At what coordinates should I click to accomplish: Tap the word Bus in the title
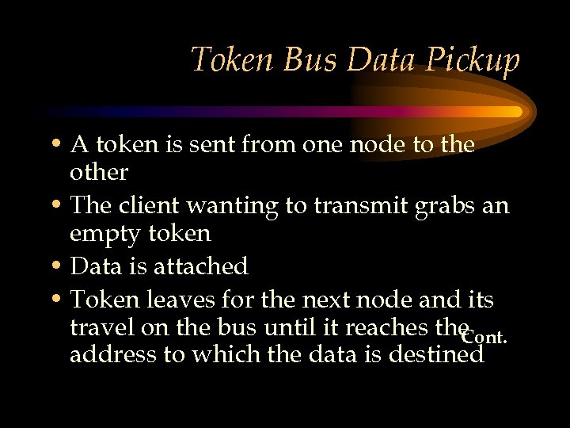pos(302,59)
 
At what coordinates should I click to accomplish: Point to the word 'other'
pos(99,172)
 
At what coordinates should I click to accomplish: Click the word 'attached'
pos(205,266)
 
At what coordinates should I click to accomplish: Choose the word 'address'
pos(112,353)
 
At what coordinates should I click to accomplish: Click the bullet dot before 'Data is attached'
pos(58,267)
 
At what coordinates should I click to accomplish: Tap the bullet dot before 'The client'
pos(58,206)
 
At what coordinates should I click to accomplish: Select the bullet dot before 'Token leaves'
pos(58,300)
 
